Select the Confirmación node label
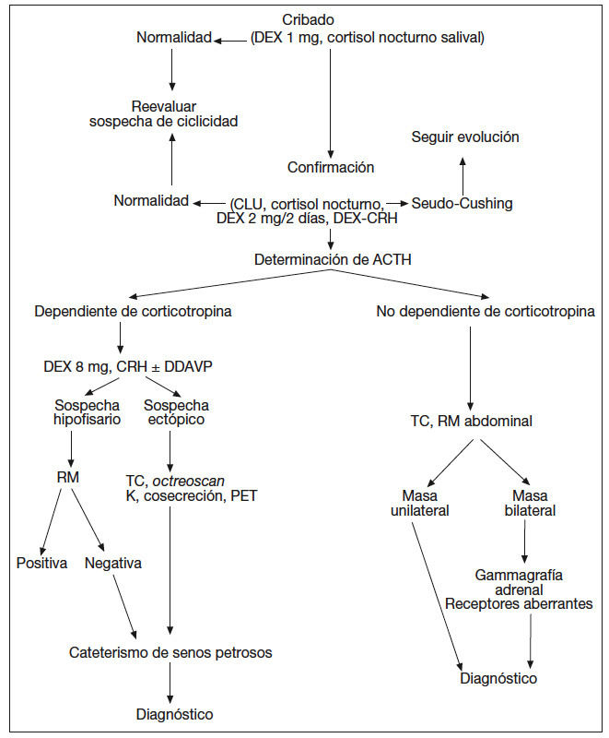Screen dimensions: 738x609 (x=331, y=168)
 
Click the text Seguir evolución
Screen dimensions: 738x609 (x=464, y=137)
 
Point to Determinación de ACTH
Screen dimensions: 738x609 (x=333, y=260)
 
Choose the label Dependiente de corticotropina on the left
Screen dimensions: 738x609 (x=133, y=312)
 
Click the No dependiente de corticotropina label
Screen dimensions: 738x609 (x=486, y=312)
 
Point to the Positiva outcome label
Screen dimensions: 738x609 (x=41, y=563)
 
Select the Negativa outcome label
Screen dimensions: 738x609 (x=112, y=563)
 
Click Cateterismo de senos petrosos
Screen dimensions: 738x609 (x=170, y=653)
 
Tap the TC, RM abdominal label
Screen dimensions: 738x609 (x=471, y=422)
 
